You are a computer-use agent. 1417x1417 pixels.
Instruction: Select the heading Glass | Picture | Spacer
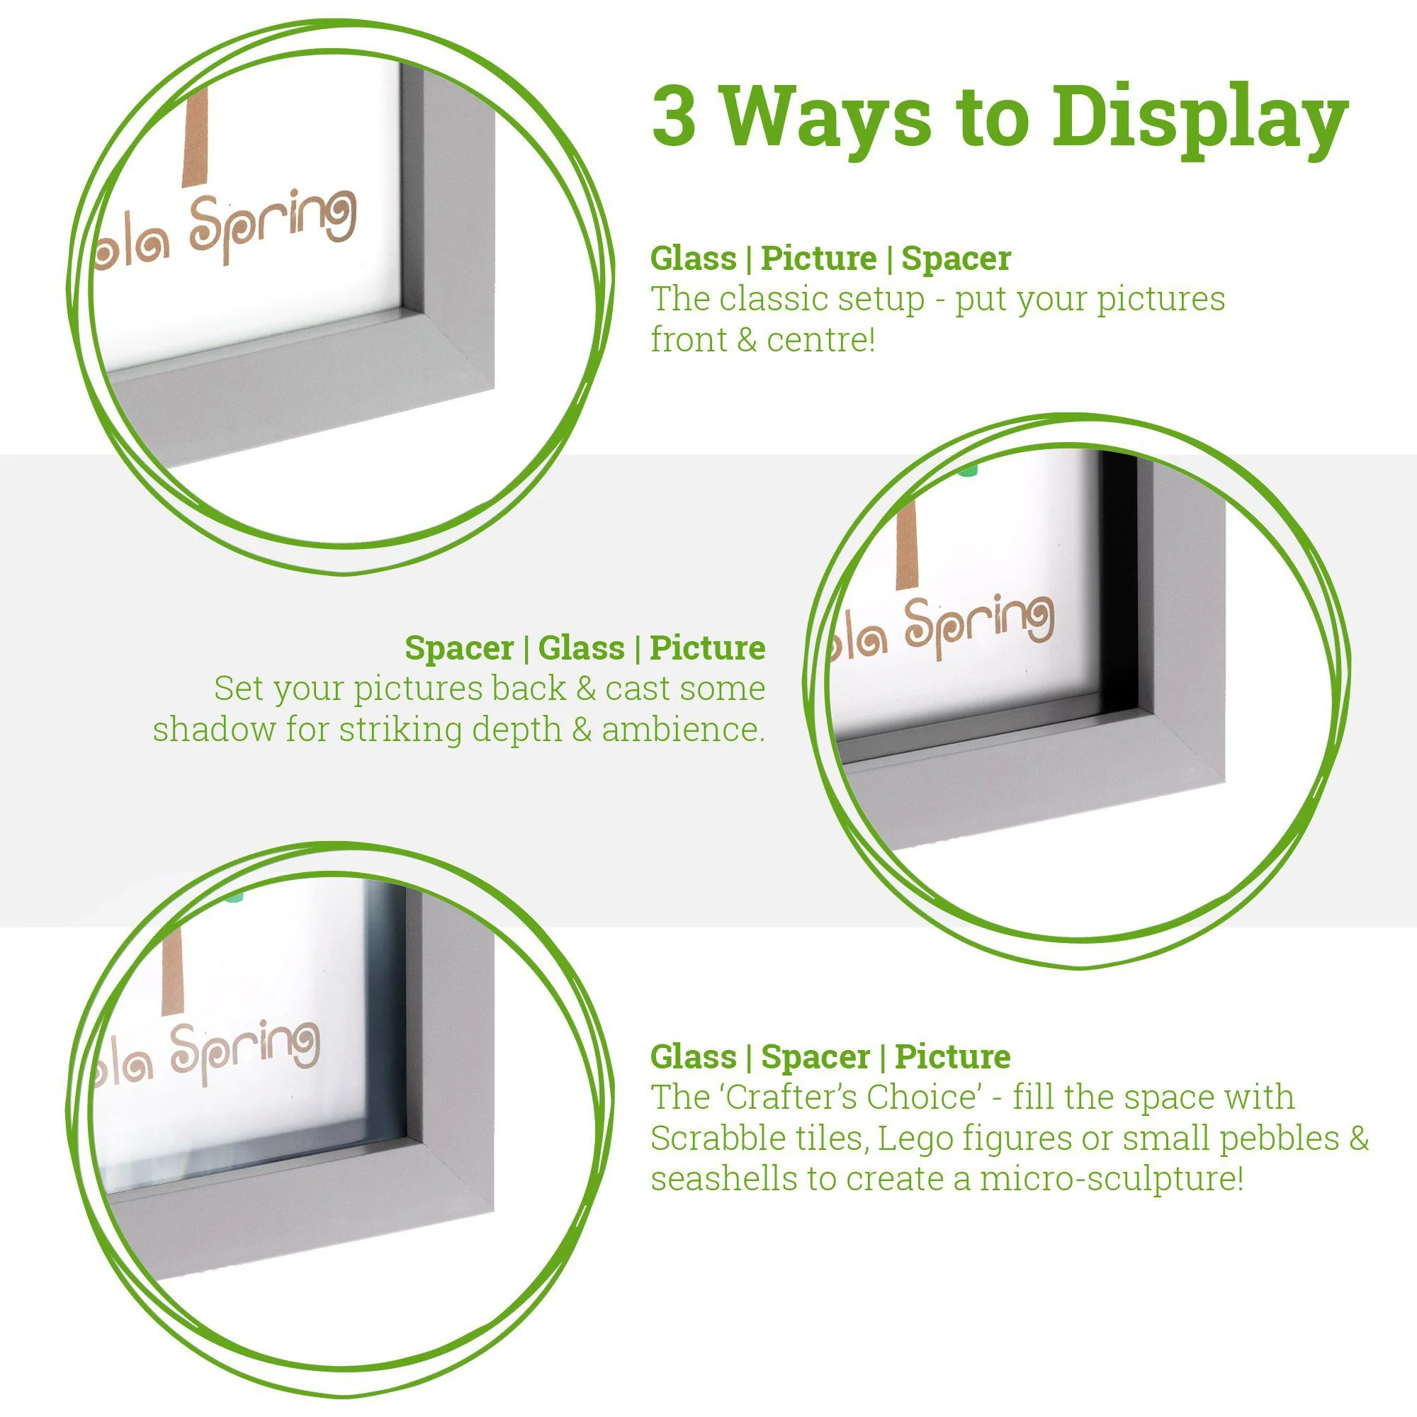click(x=830, y=258)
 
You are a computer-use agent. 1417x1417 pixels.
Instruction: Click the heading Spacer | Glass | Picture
click(x=585, y=648)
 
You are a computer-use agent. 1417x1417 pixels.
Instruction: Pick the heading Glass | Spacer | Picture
click(x=830, y=1057)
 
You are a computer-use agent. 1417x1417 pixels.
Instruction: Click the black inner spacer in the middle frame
click(x=1120, y=587)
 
